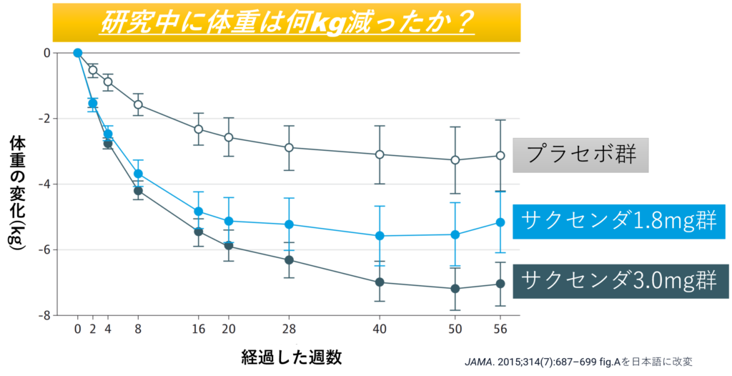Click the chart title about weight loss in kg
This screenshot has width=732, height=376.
[x=287, y=23]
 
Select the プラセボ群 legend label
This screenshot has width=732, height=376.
[x=580, y=155]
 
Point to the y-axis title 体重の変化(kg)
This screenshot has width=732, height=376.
[x=17, y=193]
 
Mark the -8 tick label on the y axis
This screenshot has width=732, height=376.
[x=45, y=315]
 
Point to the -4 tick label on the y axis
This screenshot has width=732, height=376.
[x=45, y=184]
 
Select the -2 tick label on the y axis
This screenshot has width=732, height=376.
[x=45, y=119]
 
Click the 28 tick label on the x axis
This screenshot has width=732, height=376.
[x=289, y=329]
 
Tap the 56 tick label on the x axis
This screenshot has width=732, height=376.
[x=500, y=329]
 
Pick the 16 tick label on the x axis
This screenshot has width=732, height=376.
[x=199, y=329]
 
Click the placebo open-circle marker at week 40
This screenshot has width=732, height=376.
[x=380, y=154]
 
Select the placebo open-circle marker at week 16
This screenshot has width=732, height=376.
[x=199, y=129]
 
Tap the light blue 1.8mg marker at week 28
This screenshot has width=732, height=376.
[x=289, y=224]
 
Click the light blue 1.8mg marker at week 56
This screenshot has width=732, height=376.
[x=500, y=222]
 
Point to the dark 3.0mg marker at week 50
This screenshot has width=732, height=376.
[x=455, y=289]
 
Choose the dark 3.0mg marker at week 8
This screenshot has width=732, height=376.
[x=138, y=191]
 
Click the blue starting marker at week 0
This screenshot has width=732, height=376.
[x=77, y=53]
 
